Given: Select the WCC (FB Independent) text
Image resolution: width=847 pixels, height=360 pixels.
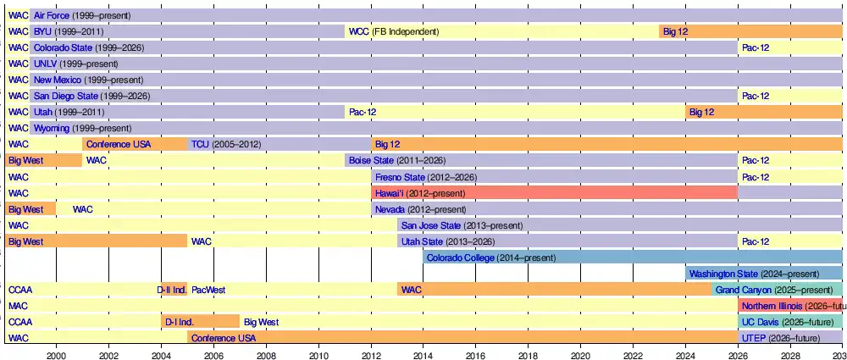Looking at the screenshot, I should (x=394, y=31).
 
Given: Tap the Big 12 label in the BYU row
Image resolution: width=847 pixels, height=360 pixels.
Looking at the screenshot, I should (x=675, y=31).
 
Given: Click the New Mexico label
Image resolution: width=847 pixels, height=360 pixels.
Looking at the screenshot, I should (x=57, y=80).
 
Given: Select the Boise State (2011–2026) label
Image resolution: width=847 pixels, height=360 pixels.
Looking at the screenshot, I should (x=396, y=160).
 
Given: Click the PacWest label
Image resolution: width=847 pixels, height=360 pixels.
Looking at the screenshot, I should (x=208, y=290).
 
